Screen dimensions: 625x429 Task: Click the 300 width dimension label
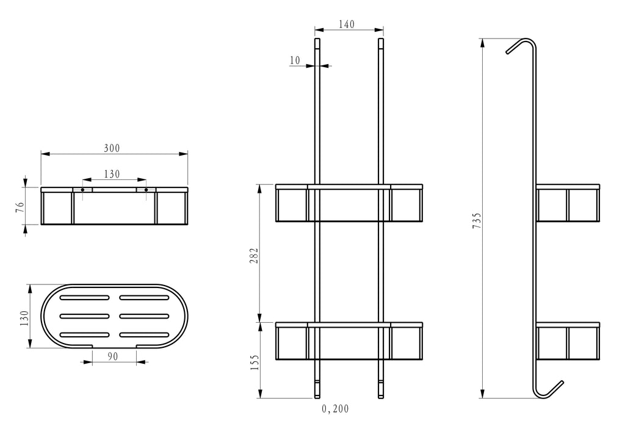point(112,148)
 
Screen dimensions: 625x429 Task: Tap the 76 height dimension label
point(20,207)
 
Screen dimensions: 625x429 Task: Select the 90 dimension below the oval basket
point(113,356)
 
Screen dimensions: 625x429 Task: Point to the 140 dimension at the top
point(347,24)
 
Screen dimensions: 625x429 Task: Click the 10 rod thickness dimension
point(295,60)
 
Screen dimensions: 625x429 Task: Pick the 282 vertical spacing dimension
point(255,256)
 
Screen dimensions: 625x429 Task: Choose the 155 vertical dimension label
point(255,362)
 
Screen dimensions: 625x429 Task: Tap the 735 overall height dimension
point(477,220)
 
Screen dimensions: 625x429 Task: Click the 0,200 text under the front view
point(335,409)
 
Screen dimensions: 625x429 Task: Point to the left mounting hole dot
point(82,190)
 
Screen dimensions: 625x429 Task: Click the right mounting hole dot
point(146,190)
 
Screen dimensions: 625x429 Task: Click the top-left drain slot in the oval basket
point(84,298)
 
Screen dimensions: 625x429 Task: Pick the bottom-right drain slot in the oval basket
point(144,335)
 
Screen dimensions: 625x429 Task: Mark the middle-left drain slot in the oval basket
point(84,316)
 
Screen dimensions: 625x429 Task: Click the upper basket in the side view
point(568,203)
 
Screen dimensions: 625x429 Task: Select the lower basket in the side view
point(568,341)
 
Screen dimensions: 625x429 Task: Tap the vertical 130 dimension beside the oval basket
point(24,318)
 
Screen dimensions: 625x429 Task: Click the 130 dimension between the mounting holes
point(112,175)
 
